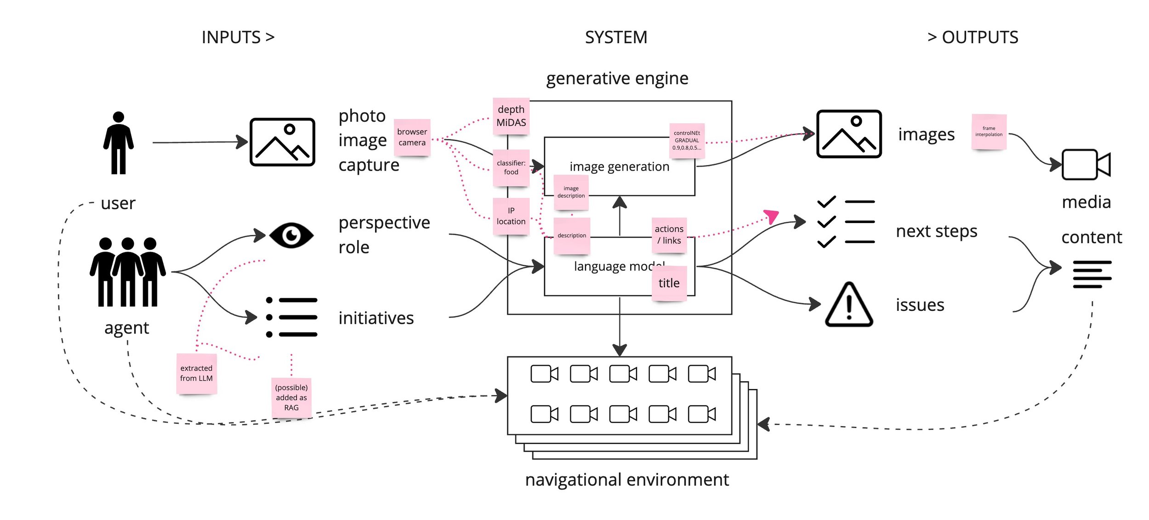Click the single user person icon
click(118, 143)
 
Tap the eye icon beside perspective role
click(291, 235)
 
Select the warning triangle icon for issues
click(848, 305)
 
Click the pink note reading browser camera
click(412, 137)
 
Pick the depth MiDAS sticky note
click(511, 116)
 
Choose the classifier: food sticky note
click(511, 167)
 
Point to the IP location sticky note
click(511, 216)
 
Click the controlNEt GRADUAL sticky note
click(687, 140)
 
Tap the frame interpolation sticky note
click(989, 131)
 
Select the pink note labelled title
click(669, 283)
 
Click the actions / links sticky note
click(669, 235)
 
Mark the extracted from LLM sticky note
click(196, 373)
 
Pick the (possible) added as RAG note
click(291, 398)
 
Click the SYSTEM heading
click(616, 37)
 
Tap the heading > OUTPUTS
click(973, 37)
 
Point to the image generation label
click(619, 166)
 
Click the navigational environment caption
click(627, 480)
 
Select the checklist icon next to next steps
click(846, 222)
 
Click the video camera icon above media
click(1086, 165)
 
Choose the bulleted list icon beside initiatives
click(291, 317)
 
